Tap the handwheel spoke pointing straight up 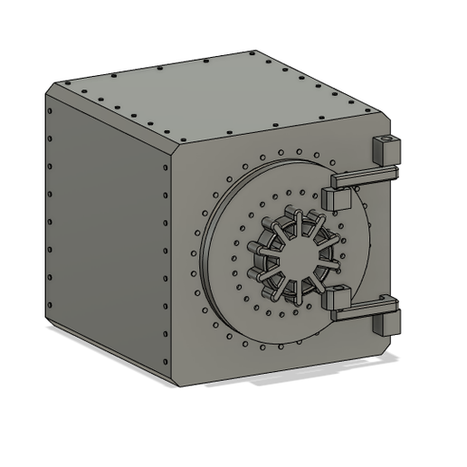(293, 222)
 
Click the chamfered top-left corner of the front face (174, 150)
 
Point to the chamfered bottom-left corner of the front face (172, 366)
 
